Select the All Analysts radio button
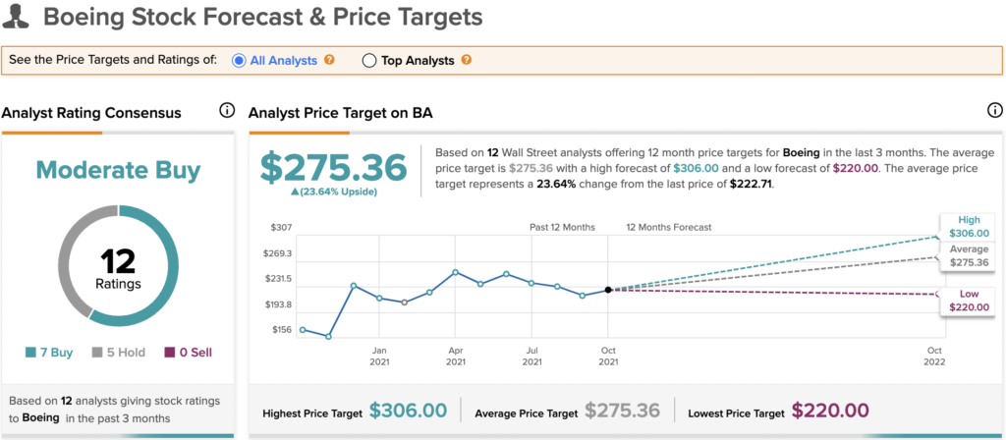tap(239, 60)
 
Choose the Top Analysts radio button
tap(369, 60)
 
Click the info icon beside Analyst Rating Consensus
tap(227, 111)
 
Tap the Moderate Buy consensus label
tap(118, 170)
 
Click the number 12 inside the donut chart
tap(118, 260)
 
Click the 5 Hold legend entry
tap(116, 352)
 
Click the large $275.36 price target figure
tap(334, 168)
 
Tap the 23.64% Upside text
tap(334, 192)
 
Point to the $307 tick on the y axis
tap(281, 227)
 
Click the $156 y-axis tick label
tap(281, 330)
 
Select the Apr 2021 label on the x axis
tap(455, 357)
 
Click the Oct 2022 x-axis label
tap(934, 357)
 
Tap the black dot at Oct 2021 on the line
tap(609, 290)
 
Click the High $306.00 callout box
tap(968, 226)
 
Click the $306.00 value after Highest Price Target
tap(408, 411)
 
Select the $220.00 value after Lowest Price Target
tap(830, 411)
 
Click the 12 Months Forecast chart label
tap(669, 227)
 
